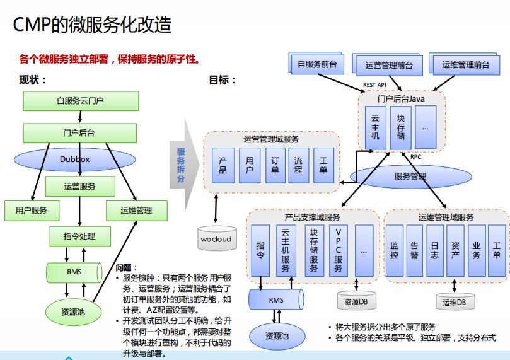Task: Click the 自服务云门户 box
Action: pyautogui.click(x=79, y=100)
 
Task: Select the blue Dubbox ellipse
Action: pyautogui.click(x=74, y=160)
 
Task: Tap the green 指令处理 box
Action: pyautogui.click(x=79, y=236)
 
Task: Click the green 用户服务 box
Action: pyautogui.click(x=31, y=210)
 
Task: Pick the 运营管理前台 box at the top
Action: pyautogui.click(x=389, y=65)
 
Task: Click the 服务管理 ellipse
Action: pyautogui.click(x=410, y=176)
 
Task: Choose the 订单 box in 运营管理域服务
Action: pyautogui.click(x=274, y=165)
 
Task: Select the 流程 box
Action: pyautogui.click(x=298, y=165)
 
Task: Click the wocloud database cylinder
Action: pyautogui.click(x=216, y=240)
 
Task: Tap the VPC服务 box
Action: pyautogui.click(x=338, y=250)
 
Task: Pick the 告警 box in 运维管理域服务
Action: pyautogui.click(x=414, y=250)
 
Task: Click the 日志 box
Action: pyautogui.click(x=435, y=250)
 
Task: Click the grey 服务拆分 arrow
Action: pyautogui.click(x=183, y=165)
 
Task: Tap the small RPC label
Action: pyautogui.click(x=416, y=157)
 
